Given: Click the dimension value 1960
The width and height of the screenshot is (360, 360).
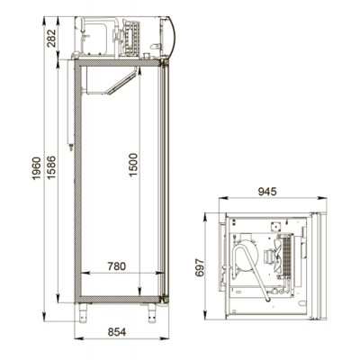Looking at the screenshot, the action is [36, 168].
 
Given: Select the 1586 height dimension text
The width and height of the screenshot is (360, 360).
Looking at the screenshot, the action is [51, 167].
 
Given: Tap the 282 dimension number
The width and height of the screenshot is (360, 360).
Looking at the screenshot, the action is [51, 38].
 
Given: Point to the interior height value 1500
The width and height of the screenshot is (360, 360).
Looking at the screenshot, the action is [133, 165].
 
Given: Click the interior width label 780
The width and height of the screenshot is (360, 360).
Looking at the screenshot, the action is [117, 266].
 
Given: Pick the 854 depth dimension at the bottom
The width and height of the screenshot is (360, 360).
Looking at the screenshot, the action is [117, 332].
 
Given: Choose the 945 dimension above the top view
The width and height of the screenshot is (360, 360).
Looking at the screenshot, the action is [267, 192].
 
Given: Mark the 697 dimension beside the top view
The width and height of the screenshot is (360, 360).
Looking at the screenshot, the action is [200, 267].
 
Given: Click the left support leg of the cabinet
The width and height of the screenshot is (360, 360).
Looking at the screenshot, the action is [83, 312].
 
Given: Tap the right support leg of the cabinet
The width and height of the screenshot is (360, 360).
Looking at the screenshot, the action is [152, 312].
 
